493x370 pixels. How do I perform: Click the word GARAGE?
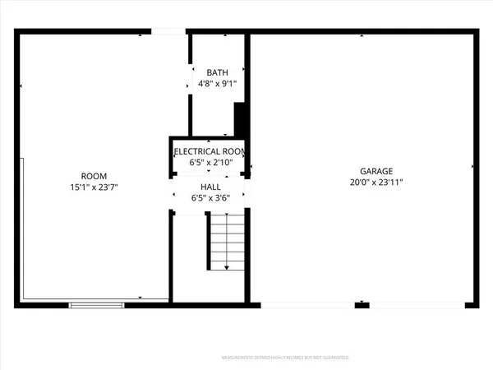[362, 170]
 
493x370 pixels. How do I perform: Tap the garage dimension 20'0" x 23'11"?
[362, 182]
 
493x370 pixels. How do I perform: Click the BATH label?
[217, 72]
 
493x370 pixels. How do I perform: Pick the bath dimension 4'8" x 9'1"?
[217, 83]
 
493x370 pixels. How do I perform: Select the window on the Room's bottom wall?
[97, 305]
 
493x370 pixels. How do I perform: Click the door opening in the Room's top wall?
[167, 33]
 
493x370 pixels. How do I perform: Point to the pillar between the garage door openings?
[362, 305]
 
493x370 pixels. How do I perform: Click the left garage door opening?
[307, 305]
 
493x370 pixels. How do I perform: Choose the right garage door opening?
[415, 305]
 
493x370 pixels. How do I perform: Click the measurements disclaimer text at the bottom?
[287, 358]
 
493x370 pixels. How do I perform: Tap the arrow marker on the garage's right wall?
[473, 167]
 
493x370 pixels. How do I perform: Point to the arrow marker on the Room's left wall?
[21, 86]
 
